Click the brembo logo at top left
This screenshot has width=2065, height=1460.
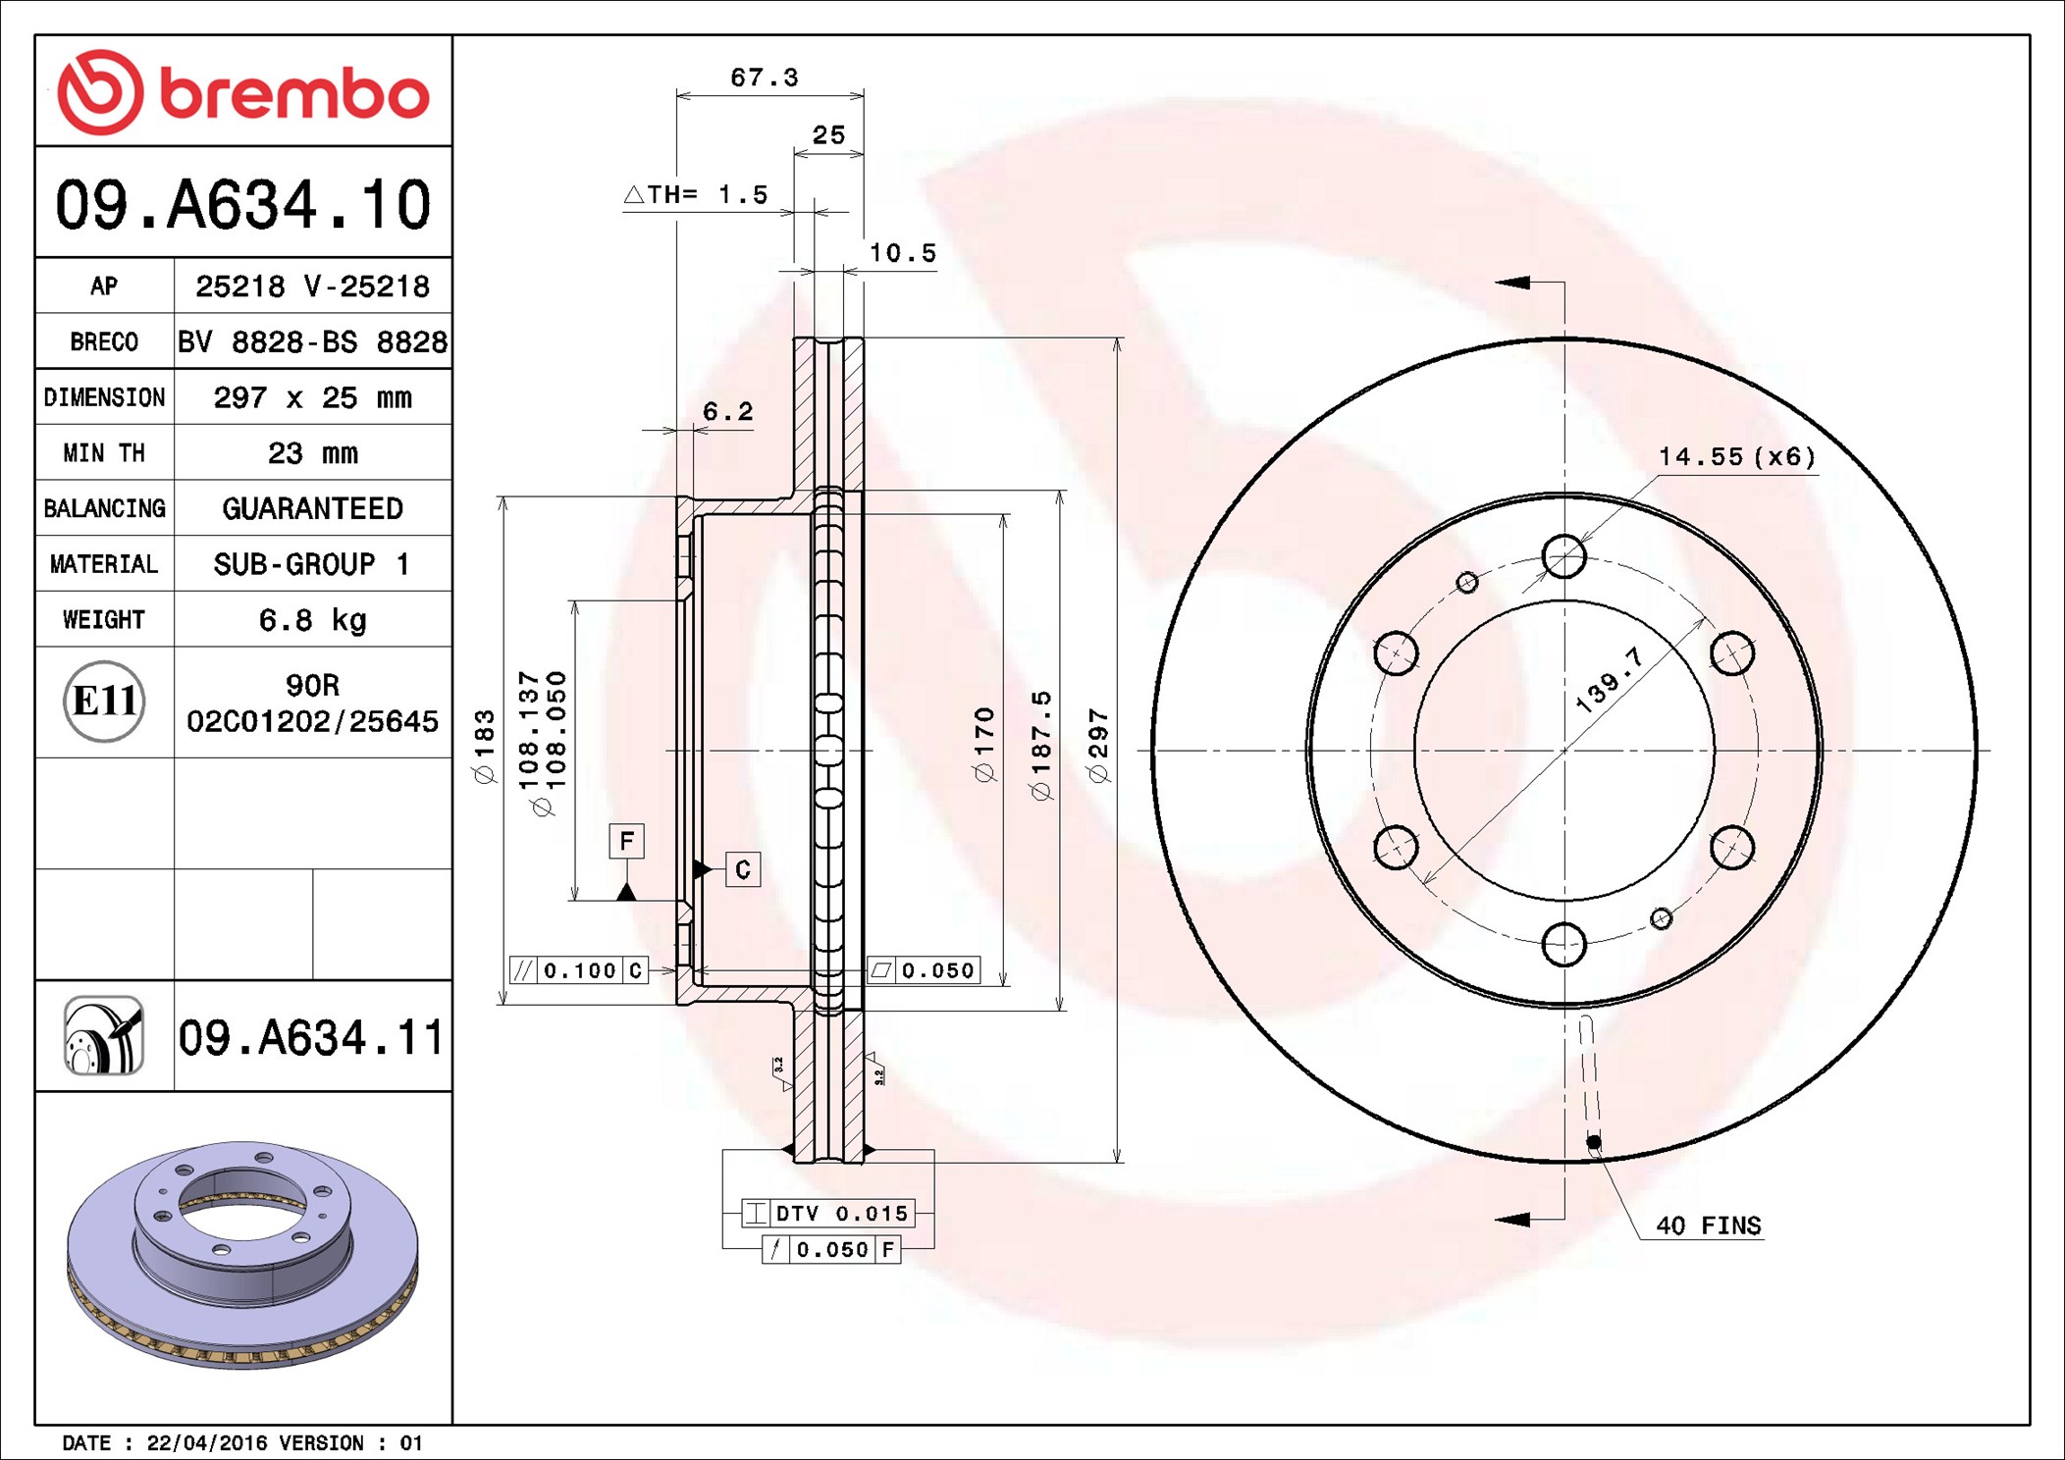[x=242, y=92]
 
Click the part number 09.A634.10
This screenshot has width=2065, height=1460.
[x=242, y=205]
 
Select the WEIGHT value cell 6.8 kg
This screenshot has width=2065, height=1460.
[x=312, y=620]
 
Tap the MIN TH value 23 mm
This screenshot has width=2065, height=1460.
[x=312, y=453]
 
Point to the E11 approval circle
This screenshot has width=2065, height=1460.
[x=104, y=702]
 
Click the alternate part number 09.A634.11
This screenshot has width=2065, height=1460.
[x=311, y=1038]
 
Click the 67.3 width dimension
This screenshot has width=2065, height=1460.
[x=764, y=78]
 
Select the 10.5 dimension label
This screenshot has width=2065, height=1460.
[x=902, y=253]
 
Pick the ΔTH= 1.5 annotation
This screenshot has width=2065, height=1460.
[x=697, y=194]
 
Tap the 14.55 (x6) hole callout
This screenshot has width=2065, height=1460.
[x=1736, y=456]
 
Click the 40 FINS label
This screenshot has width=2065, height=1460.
[x=1708, y=1225]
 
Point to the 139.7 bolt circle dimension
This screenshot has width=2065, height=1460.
[x=1609, y=679]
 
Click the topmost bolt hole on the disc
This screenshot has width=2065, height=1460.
[x=1563, y=556]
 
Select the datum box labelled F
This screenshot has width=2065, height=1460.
[x=626, y=841]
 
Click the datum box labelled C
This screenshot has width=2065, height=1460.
[x=743, y=869]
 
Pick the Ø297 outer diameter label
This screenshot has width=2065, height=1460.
[x=1098, y=746]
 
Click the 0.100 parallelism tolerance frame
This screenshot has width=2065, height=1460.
[x=578, y=970]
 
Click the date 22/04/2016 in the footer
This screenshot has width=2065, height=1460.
[x=206, y=1443]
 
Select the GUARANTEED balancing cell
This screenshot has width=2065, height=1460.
[x=312, y=508]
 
